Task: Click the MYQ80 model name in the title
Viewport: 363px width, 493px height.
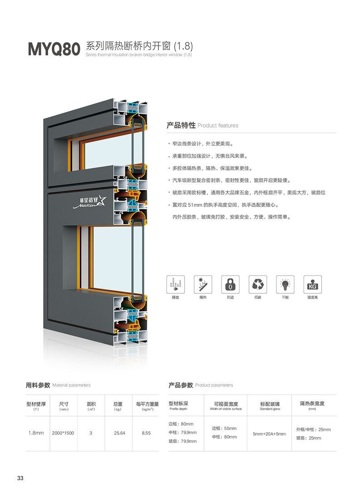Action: (x=54, y=49)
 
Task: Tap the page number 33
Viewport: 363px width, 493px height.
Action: (x=20, y=478)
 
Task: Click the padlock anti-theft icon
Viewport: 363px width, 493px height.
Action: (x=230, y=284)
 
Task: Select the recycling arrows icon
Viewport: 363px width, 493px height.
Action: (x=257, y=284)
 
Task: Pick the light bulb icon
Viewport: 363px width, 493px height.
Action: (x=285, y=284)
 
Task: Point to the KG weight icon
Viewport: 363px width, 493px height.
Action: (x=312, y=284)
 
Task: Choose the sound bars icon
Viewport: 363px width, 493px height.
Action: (x=176, y=284)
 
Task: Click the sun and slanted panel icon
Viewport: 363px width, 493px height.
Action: (x=203, y=284)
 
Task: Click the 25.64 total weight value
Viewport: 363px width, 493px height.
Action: (x=120, y=433)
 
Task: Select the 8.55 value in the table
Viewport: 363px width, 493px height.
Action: (x=146, y=433)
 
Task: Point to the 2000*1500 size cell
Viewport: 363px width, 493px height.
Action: (x=63, y=433)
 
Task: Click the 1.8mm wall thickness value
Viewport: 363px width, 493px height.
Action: (x=36, y=433)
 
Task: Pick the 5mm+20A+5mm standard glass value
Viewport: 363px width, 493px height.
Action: (x=269, y=434)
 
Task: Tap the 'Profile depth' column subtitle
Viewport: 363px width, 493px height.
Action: (x=178, y=409)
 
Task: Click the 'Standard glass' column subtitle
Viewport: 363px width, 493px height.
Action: (x=270, y=409)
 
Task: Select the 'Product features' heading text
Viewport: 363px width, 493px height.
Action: (x=218, y=126)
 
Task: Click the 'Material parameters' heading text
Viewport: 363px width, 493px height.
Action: (x=71, y=385)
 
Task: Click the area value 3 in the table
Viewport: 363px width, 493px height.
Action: (x=91, y=433)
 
